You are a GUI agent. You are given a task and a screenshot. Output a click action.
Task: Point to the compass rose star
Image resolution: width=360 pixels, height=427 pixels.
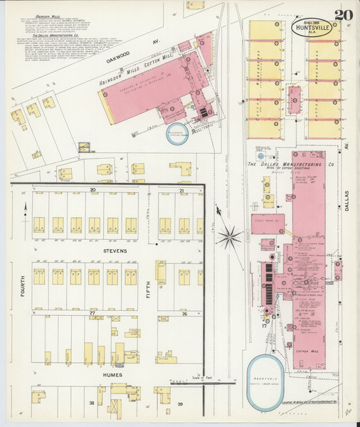coord(229,237)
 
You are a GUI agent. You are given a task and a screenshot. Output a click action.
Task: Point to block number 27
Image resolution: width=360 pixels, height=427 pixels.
coord(92,312)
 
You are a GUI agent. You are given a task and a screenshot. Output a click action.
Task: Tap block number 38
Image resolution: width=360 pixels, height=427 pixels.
coord(91,404)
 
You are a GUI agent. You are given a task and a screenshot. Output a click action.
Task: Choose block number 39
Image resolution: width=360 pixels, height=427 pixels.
coord(180,404)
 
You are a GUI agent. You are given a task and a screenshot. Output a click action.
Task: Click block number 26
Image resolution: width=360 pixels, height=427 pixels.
coord(184,312)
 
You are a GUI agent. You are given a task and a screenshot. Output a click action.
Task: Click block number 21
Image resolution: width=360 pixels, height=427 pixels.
coord(182,191)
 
